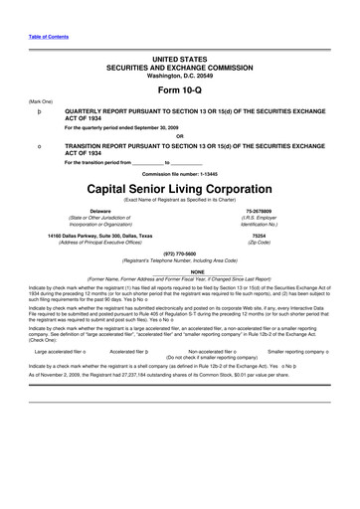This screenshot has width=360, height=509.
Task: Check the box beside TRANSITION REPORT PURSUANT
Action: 39,147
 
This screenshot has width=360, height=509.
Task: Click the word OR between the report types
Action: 180,136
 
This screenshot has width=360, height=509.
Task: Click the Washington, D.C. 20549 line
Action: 180,74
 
